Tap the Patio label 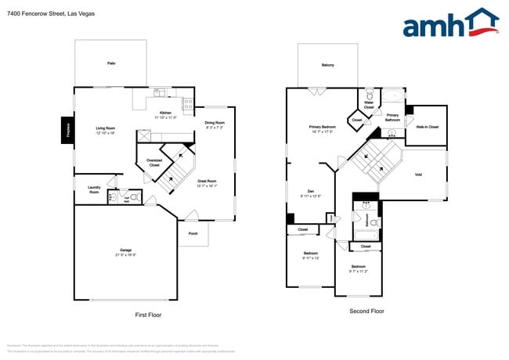tap(111, 63)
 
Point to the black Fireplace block tap(67, 130)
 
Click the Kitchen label tap(165, 115)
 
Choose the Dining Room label tap(215, 124)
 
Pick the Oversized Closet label tap(153, 163)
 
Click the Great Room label tap(207, 183)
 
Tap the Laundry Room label tap(93, 190)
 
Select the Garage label tap(125, 252)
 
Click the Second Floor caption tap(366, 311)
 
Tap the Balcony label tap(327, 65)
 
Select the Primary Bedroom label tap(322, 128)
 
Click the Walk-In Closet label tap(427, 126)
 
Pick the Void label tap(417, 175)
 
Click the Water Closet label tap(369, 103)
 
